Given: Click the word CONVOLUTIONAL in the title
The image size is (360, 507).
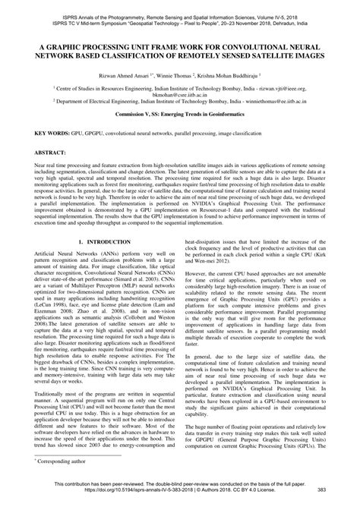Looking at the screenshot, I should click(262, 46).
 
